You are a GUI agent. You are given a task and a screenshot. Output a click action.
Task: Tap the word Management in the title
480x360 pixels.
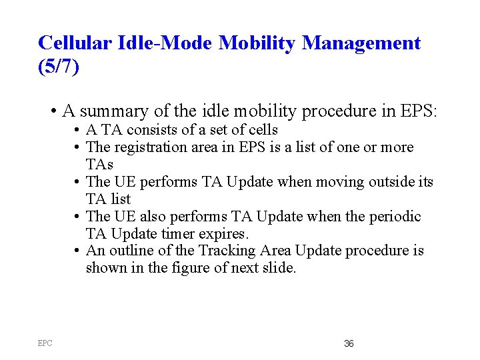click(x=361, y=43)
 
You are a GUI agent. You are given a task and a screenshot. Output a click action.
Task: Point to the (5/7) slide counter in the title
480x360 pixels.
click(x=59, y=67)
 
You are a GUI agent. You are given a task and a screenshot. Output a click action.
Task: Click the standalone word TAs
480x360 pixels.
click(x=99, y=164)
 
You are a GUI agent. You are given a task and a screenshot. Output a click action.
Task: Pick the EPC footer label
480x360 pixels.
click(x=45, y=343)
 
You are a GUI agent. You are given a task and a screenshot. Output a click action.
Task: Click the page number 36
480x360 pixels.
click(x=349, y=343)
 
